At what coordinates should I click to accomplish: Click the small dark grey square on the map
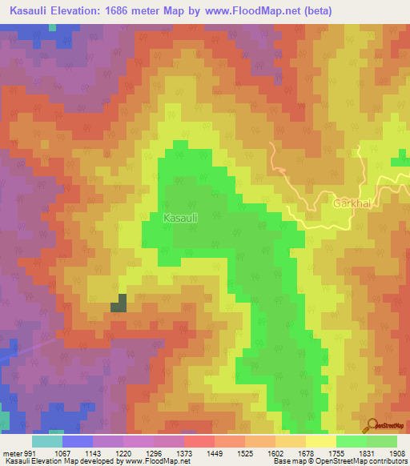click(119, 303)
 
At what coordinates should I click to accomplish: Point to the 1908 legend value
click(397, 452)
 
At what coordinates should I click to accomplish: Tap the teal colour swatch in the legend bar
click(47, 441)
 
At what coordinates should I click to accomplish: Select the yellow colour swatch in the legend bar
click(320, 441)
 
